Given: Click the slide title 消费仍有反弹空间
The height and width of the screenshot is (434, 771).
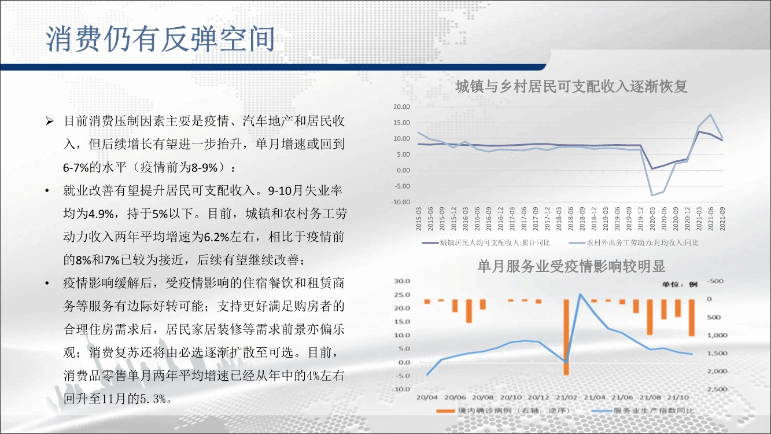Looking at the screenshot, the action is click(160, 39).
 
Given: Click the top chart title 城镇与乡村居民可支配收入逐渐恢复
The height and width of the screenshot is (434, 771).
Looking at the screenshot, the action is click(571, 86).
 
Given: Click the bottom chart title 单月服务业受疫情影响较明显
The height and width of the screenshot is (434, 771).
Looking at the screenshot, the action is click(571, 266).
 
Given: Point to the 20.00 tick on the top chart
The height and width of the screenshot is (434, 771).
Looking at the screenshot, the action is click(401, 107).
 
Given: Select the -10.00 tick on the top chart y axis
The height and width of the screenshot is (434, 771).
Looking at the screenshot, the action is click(401, 202).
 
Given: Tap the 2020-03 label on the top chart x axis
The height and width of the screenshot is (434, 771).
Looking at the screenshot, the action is click(652, 219).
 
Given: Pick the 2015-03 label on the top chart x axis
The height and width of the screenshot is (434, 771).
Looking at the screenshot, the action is click(419, 219).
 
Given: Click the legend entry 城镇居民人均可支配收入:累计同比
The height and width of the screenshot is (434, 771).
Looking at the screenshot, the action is click(486, 243).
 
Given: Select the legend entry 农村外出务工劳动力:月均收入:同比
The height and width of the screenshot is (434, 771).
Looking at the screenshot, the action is click(634, 243).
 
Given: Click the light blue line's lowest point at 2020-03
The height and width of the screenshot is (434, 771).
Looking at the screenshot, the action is click(652, 196).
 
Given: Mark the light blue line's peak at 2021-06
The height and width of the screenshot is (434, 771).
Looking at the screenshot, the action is click(710, 115).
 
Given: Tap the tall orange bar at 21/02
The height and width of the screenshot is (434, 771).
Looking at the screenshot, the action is click(566, 337).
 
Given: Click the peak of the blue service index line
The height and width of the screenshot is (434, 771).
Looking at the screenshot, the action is click(580, 294).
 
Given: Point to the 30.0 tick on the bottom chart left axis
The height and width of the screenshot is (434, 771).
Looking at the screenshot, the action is click(402, 281).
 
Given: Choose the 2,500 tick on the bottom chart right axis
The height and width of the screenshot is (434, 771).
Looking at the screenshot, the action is click(717, 389).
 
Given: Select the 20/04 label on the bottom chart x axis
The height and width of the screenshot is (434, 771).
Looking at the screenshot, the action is click(427, 398).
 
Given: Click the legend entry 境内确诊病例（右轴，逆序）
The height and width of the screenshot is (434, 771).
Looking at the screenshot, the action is click(503, 411).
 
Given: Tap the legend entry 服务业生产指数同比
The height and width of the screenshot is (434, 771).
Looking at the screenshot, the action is click(643, 411).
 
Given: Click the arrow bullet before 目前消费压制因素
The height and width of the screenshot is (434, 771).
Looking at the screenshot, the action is click(50, 122).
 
